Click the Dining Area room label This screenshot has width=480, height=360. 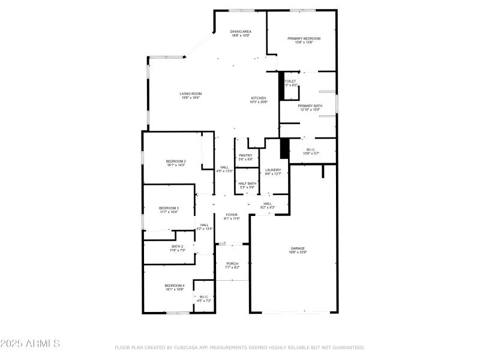241,31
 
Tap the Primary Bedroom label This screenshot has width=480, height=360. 304,38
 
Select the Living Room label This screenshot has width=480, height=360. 191,94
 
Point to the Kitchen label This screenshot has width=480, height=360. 258,98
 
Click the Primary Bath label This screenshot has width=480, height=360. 310,106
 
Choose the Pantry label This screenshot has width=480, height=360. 245,155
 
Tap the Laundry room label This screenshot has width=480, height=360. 274,170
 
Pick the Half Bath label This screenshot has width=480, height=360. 247,184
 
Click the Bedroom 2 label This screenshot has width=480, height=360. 176,161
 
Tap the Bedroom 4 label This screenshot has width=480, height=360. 175,285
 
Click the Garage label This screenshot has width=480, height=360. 298,248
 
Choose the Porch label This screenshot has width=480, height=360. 232,263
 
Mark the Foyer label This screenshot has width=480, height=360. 232,214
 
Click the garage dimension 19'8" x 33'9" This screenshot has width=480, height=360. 298,253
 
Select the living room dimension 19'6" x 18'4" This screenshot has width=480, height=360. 191,98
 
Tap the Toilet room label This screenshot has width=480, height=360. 290,81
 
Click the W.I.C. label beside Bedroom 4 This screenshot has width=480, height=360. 204,296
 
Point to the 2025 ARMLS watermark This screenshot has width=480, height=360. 30,344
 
